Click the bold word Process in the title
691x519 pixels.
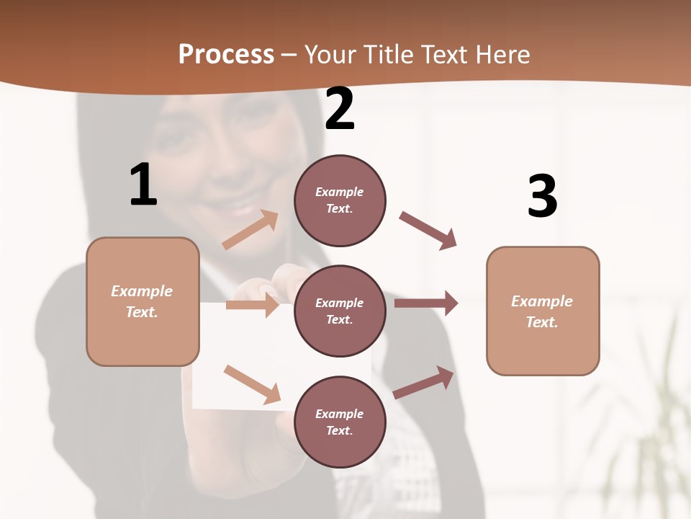click(x=226, y=54)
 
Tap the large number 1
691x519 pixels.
click(x=143, y=185)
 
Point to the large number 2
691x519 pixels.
click(x=340, y=109)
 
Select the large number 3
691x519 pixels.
click(x=543, y=196)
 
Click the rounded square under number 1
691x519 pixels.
click(x=143, y=301)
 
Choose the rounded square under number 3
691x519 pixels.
click(x=543, y=311)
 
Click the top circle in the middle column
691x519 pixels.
click(x=340, y=200)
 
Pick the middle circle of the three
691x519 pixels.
click(x=340, y=311)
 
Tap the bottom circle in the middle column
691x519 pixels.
click(x=340, y=422)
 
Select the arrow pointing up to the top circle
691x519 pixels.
click(x=250, y=230)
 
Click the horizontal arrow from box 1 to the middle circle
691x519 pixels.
click(x=252, y=305)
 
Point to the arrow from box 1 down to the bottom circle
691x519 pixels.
click(x=252, y=384)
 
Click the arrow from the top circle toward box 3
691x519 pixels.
click(x=428, y=231)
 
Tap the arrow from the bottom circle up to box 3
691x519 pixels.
click(x=424, y=383)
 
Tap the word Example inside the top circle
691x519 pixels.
click(x=340, y=192)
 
